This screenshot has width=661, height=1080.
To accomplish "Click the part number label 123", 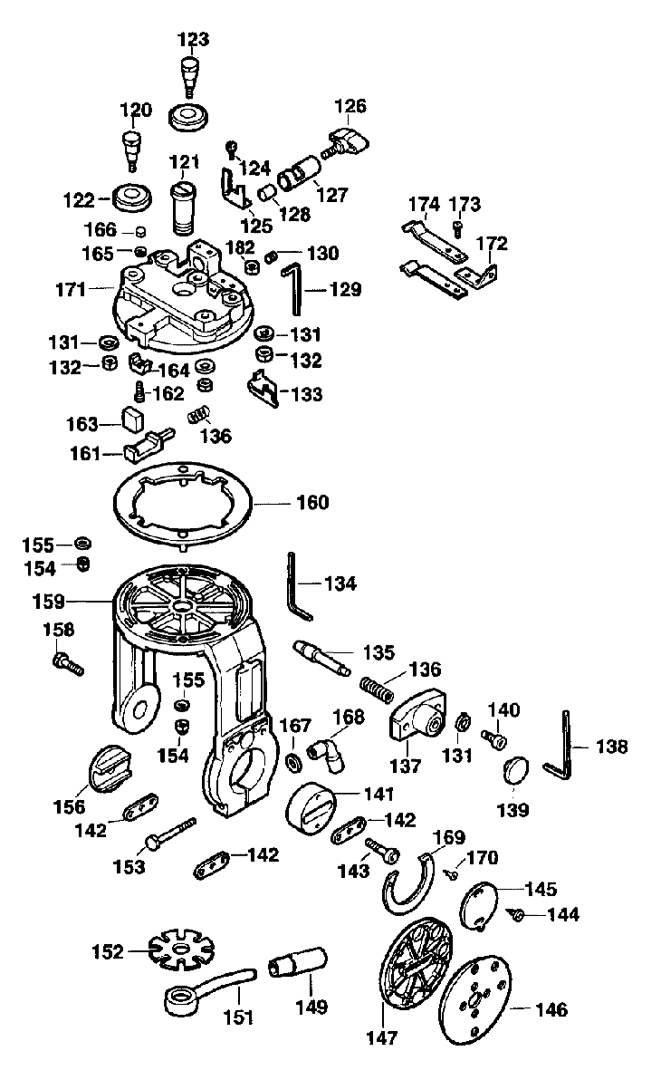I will pyautogui.click(x=193, y=39).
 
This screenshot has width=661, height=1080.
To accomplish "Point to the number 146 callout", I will pyautogui.click(x=551, y=1009).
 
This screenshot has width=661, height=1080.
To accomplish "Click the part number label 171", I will pyautogui.click(x=71, y=290).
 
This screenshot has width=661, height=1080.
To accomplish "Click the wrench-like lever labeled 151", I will pyautogui.click(x=208, y=988).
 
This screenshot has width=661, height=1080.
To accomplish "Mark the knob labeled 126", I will pyautogui.click(x=349, y=141).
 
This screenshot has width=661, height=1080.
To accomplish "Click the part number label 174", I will pyautogui.click(x=422, y=204).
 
